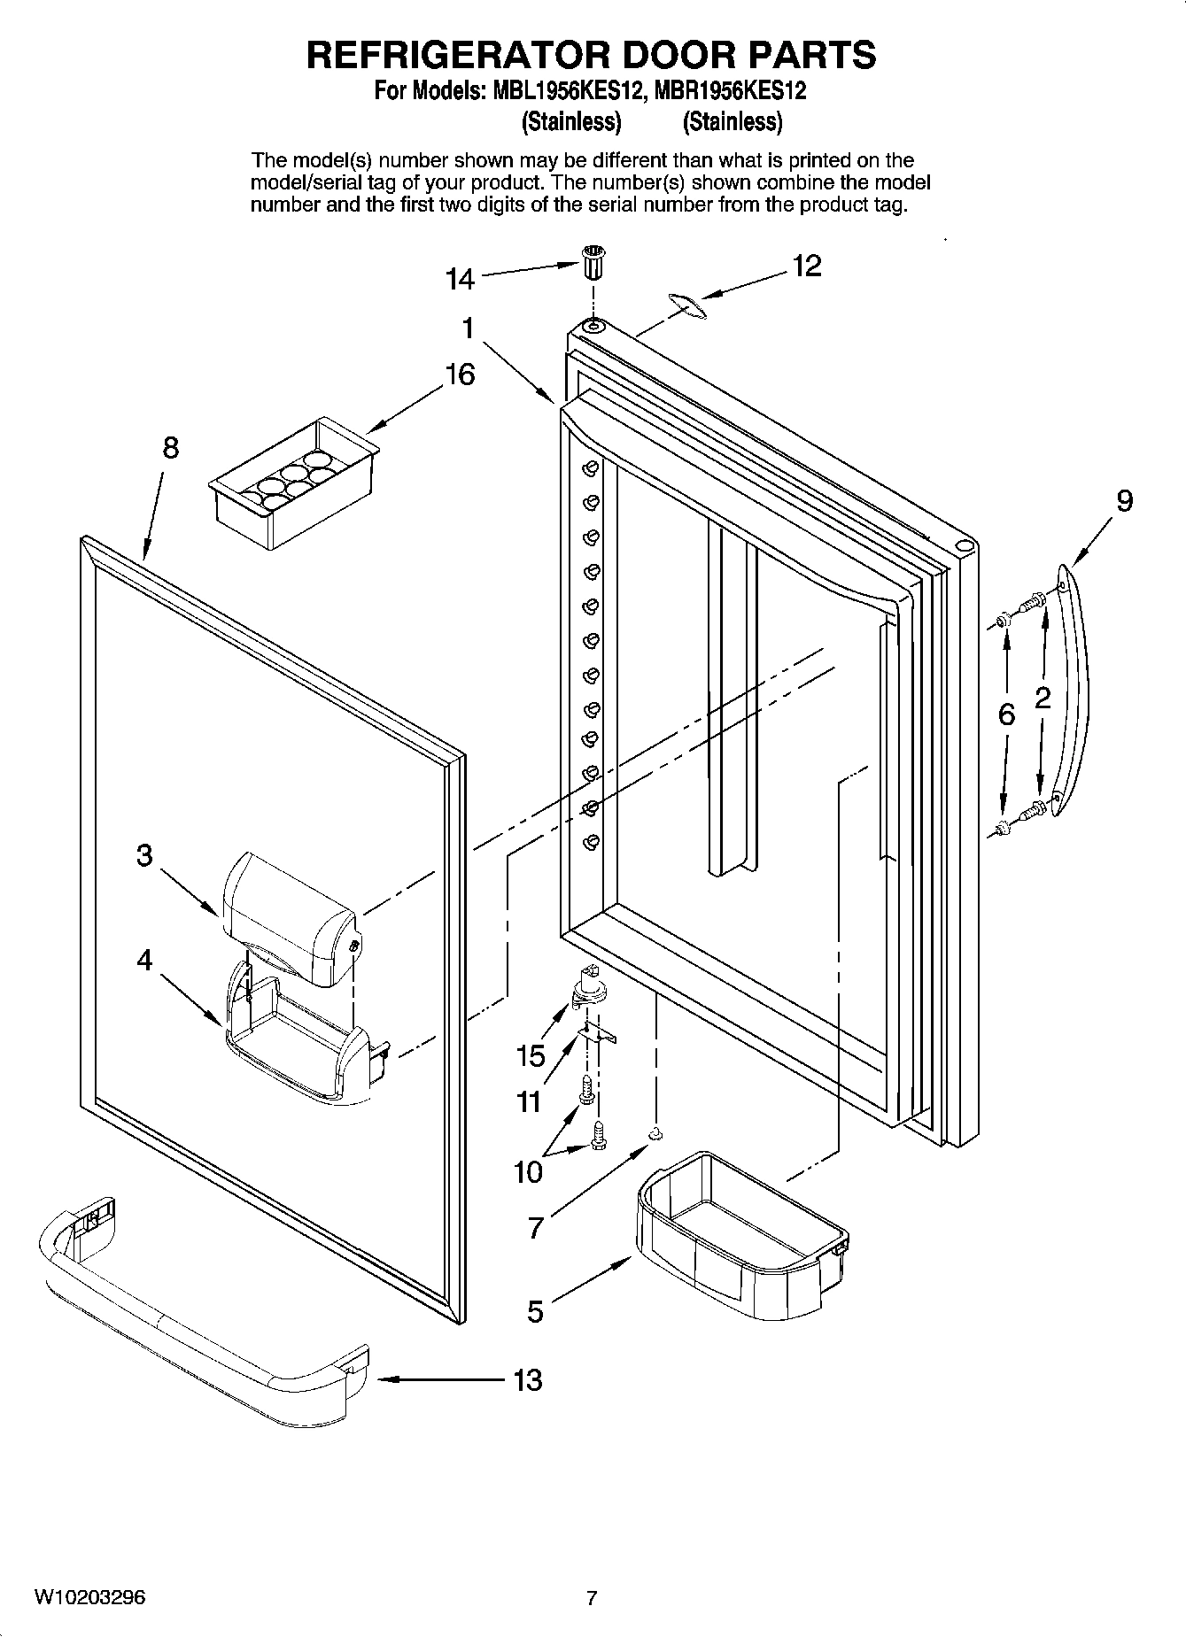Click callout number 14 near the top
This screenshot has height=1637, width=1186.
pos(460,280)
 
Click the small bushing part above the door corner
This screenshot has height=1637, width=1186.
pos(592,263)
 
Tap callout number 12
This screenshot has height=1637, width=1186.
pos(806,265)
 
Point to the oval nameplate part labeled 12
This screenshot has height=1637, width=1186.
pos(686,305)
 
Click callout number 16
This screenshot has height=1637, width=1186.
pos(459,375)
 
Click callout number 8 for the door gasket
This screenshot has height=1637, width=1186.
pos(170,448)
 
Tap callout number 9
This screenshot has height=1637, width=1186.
pos(1123,502)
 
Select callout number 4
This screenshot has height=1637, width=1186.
pos(144,960)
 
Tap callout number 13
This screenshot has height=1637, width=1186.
pos(528,1379)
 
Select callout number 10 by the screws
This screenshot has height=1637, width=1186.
pos(528,1172)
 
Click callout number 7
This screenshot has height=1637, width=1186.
pos(535,1228)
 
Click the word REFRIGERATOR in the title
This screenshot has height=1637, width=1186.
pos(459,55)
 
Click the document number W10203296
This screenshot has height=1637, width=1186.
pos(89,1598)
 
